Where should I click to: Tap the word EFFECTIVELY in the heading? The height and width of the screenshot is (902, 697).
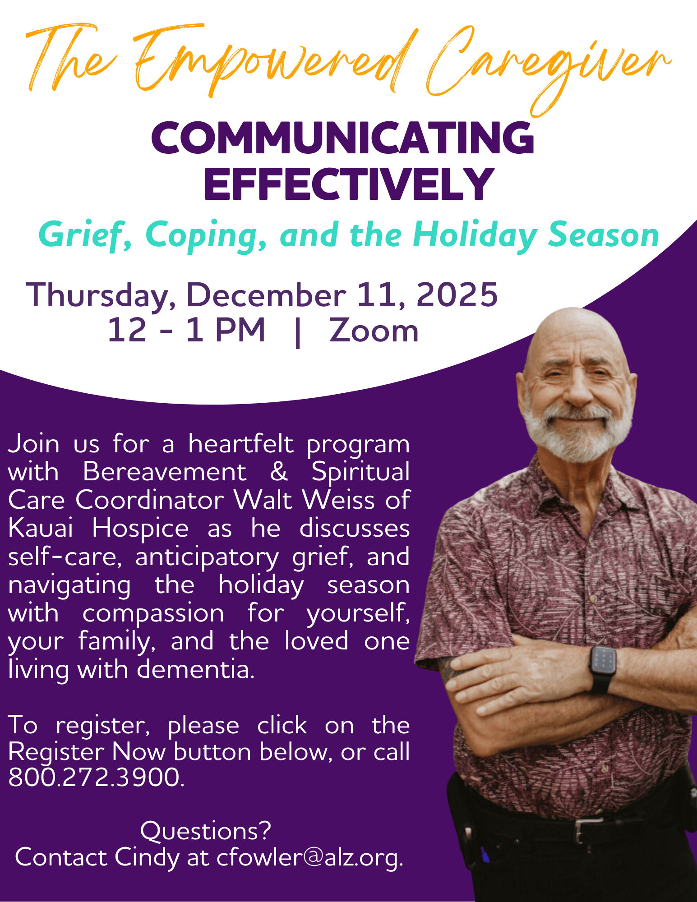349,184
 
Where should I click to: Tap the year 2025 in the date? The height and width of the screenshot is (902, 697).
457,295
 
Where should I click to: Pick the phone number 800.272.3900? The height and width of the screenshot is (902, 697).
97,777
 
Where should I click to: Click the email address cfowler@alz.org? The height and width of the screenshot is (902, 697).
310,857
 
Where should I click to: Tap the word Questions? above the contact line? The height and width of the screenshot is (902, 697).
206,830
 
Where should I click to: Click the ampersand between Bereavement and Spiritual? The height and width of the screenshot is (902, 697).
279,472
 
